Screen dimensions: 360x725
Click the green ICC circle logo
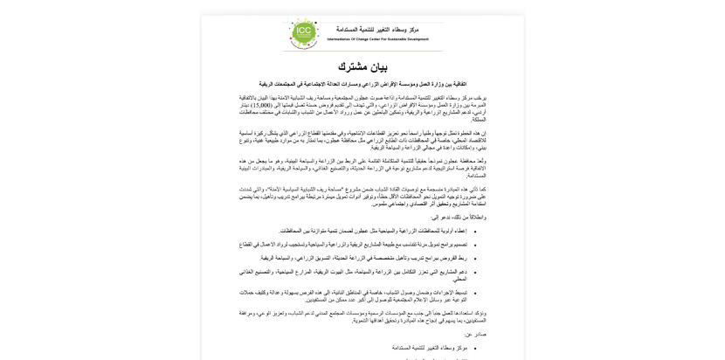pos(303,33)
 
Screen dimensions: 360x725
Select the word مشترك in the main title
pos(351,67)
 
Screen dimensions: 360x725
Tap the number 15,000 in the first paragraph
pos(259,105)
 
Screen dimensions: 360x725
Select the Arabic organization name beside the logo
pos(377,30)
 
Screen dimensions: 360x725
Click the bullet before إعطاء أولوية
pos(475,232)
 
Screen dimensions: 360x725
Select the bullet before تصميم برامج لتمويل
pos(475,245)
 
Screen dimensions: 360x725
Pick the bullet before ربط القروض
pos(475,258)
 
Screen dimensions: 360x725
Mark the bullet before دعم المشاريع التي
pos(475,272)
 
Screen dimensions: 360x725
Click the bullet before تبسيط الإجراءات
pos(475,293)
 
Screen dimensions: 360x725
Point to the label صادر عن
pos(476,334)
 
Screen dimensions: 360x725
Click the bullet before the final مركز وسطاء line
pos(475,348)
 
